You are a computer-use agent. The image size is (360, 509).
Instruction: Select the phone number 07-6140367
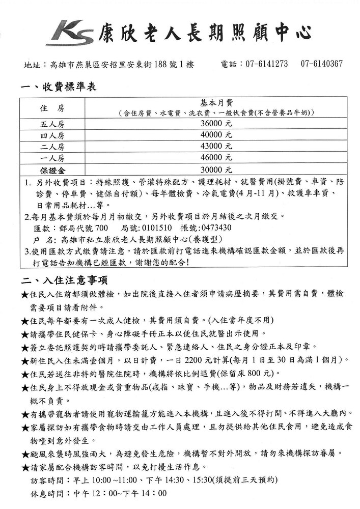tap(321, 64)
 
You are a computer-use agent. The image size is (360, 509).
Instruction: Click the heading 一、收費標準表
tap(58, 87)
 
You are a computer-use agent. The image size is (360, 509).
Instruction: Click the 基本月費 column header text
tap(216, 103)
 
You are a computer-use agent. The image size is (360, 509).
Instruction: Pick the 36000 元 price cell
tap(216, 124)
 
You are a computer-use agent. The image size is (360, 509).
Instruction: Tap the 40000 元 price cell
tap(216, 135)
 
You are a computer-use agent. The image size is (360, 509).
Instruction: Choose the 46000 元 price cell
tap(216, 158)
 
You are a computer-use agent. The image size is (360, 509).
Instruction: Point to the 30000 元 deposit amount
tap(216, 169)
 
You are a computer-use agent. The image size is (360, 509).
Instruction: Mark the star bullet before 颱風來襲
tap(24, 454)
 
